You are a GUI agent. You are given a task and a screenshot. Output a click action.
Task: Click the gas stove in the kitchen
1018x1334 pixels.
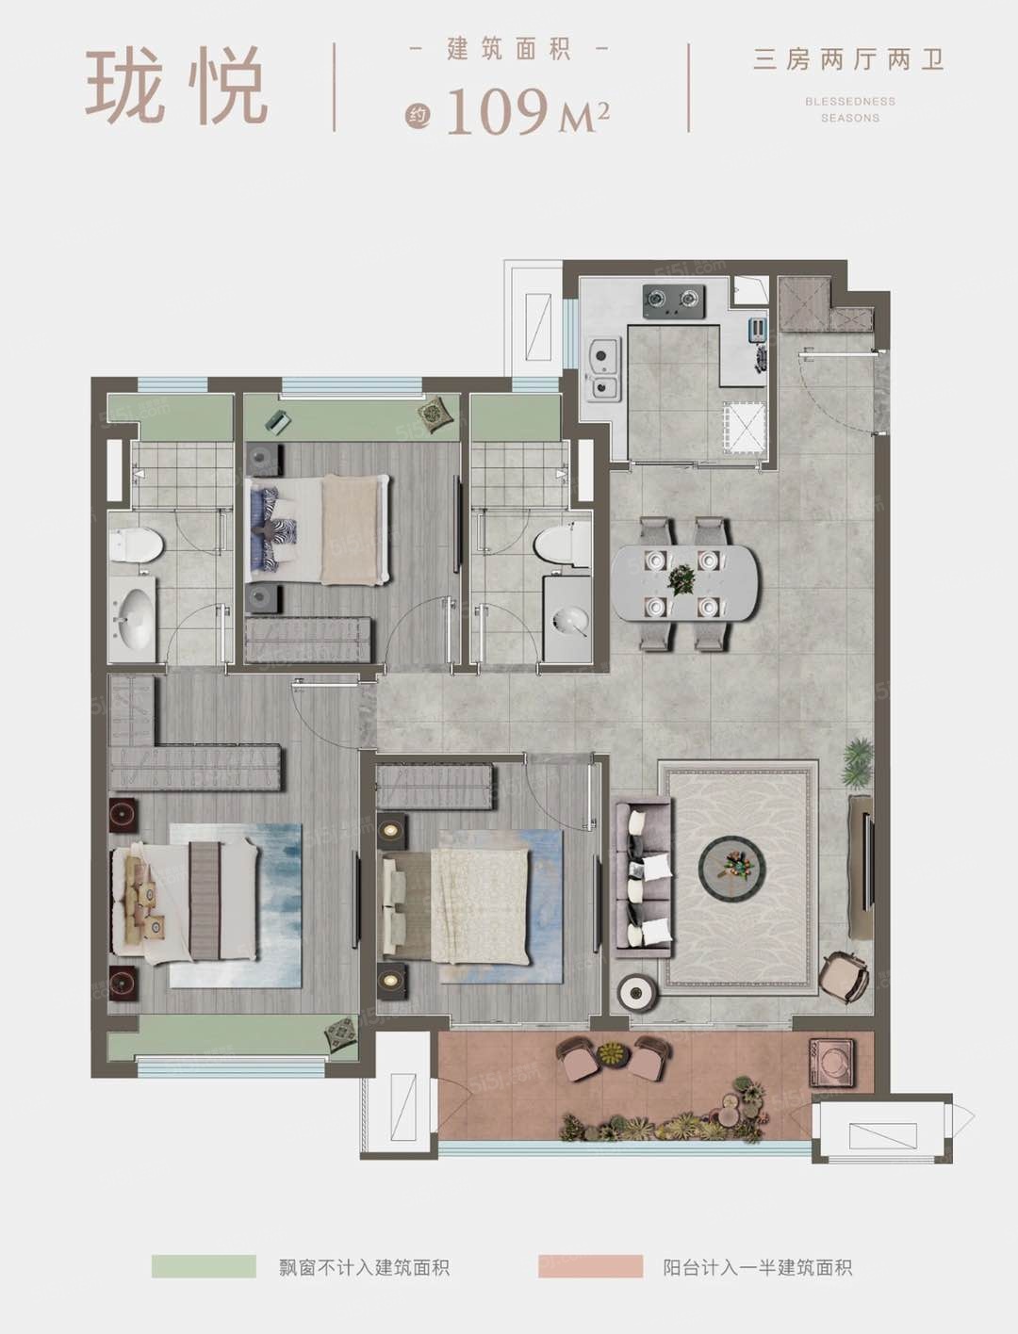click(674, 301)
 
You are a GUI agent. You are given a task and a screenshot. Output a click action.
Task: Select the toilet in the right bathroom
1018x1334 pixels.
click(564, 540)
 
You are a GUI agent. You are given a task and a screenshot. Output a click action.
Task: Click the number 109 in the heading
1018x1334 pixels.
click(499, 111)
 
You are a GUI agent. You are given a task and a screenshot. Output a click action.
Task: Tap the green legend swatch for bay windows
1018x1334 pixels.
click(204, 1266)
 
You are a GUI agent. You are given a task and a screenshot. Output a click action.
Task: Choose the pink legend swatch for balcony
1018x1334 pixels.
click(590, 1266)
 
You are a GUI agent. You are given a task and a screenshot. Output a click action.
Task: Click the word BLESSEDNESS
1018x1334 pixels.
click(850, 102)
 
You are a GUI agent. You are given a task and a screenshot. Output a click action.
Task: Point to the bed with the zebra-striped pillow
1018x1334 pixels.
click(317, 529)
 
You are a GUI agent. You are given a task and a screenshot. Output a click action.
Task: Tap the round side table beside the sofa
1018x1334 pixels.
click(636, 993)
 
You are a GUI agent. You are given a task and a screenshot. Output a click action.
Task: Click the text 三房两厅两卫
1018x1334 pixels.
click(849, 61)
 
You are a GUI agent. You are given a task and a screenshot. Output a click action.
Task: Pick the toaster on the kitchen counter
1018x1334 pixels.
click(758, 329)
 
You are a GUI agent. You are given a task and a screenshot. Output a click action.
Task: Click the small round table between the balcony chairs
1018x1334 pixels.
click(611, 1052)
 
